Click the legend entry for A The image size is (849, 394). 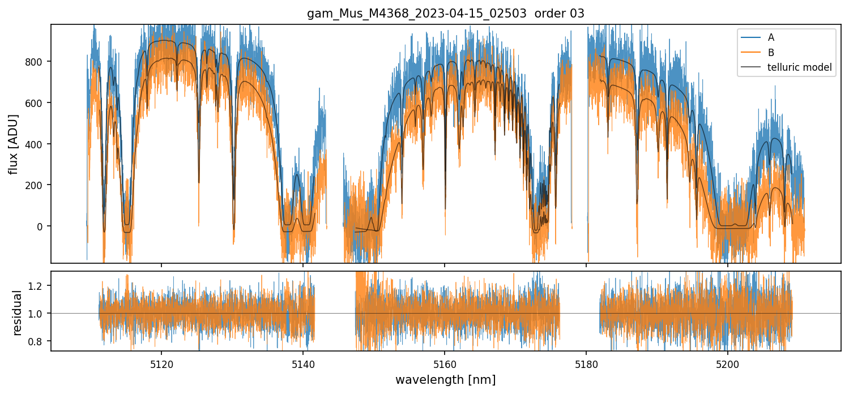pyautogui.click(x=771, y=37)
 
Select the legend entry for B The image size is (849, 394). pyautogui.click(x=771, y=53)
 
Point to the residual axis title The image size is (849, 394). pyautogui.click(x=17, y=312)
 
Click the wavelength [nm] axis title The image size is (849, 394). pyautogui.click(x=445, y=379)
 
